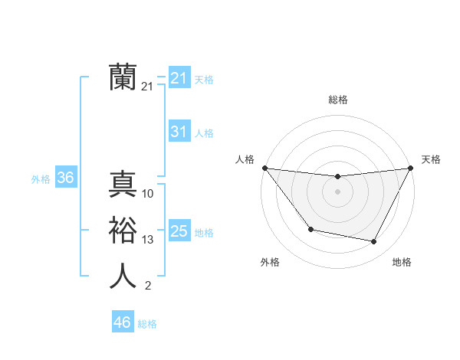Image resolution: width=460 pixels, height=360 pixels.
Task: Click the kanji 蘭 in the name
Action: pyautogui.click(x=123, y=77)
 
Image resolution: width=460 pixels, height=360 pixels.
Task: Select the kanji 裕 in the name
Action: pyautogui.click(x=123, y=230)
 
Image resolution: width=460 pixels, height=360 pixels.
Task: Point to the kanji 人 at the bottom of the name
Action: pyautogui.click(x=123, y=276)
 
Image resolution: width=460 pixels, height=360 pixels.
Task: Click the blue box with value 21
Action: pyautogui.click(x=179, y=78)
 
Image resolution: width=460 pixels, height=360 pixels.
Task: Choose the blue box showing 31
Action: pyautogui.click(x=179, y=132)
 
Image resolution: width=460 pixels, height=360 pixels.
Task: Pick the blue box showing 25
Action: pyautogui.click(x=179, y=231)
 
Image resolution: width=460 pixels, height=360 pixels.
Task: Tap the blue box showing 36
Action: pyautogui.click(x=65, y=178)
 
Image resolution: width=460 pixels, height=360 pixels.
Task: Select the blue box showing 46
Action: pyautogui.click(x=122, y=322)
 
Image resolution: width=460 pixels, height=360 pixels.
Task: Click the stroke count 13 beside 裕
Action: pyautogui.click(x=148, y=240)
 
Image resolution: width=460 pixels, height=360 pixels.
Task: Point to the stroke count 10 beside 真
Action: pyautogui.click(x=148, y=194)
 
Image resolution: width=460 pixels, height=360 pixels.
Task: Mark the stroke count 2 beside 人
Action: pyautogui.click(x=148, y=286)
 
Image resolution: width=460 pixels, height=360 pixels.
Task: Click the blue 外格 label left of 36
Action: pyautogui.click(x=41, y=179)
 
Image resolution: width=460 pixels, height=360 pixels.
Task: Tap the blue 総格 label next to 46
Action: pyautogui.click(x=147, y=324)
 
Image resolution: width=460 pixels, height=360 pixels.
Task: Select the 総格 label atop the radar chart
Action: pyautogui.click(x=337, y=100)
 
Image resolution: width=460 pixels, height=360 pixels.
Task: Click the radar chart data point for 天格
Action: pyautogui.click(x=410, y=168)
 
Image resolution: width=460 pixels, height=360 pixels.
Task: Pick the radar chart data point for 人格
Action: pyautogui.click(x=264, y=168)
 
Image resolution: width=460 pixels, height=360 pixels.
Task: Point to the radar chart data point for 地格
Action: pyautogui.click(x=374, y=242)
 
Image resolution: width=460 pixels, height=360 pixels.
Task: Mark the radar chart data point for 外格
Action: pyautogui.click(x=310, y=229)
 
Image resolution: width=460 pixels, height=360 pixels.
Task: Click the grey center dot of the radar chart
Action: pyautogui.click(x=337, y=191)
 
